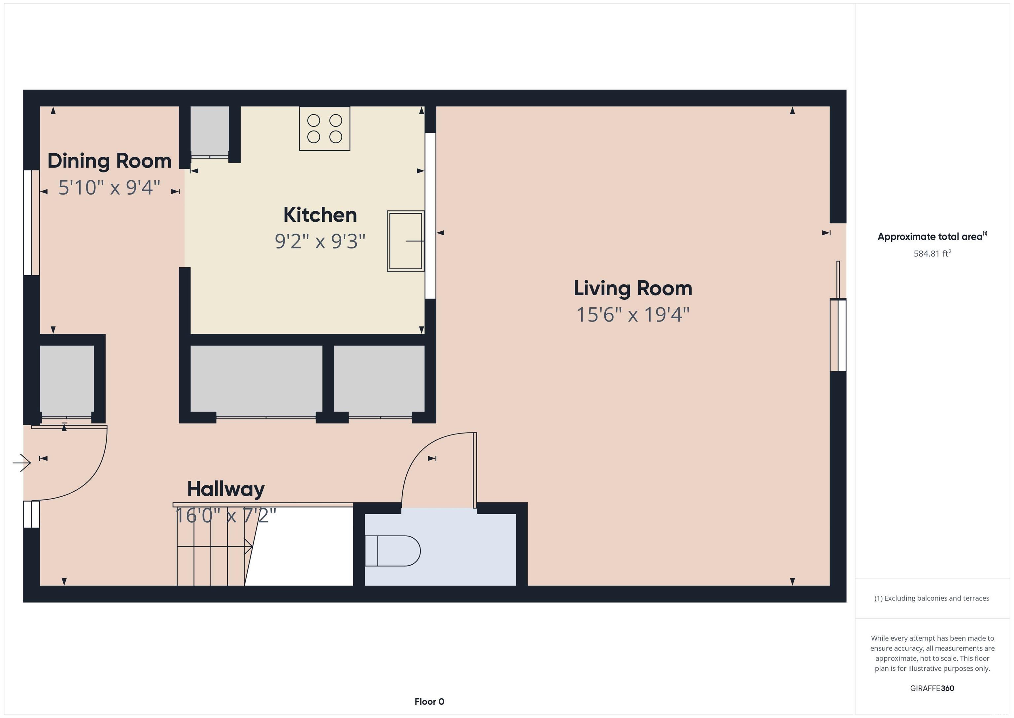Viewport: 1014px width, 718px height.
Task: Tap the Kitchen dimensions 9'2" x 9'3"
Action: tap(320, 242)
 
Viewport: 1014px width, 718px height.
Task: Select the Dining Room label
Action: tap(110, 161)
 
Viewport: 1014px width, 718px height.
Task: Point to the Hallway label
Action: tap(226, 489)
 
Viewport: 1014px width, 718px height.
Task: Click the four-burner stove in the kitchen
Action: tap(324, 129)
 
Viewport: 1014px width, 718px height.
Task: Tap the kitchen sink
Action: tap(405, 241)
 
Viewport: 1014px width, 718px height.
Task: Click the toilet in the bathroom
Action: tap(392, 551)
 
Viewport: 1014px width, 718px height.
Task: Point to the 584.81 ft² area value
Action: tap(932, 253)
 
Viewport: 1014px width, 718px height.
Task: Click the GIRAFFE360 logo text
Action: tap(932, 688)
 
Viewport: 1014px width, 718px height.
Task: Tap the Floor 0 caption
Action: tap(429, 701)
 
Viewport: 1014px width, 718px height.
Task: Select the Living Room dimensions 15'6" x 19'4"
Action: tap(633, 315)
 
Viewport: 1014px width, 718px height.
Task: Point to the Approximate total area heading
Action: tap(932, 237)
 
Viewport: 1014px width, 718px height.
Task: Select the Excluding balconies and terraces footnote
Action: tap(932, 598)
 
